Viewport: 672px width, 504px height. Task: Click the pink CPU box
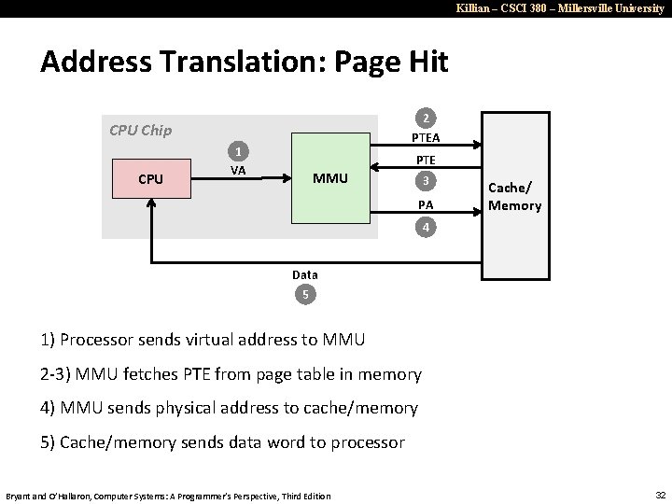pos(149,179)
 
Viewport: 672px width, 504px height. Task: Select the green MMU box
pos(331,177)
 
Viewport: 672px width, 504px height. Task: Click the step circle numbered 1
pos(240,152)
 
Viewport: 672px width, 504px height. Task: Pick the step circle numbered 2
pos(426,119)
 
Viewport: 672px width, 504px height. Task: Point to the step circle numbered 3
pos(426,180)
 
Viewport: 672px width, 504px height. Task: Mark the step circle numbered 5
pos(304,296)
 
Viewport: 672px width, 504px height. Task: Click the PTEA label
pos(426,139)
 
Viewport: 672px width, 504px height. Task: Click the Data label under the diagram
pos(304,274)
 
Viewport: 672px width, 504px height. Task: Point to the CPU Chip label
pos(140,130)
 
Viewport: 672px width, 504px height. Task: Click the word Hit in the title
pos(424,62)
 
